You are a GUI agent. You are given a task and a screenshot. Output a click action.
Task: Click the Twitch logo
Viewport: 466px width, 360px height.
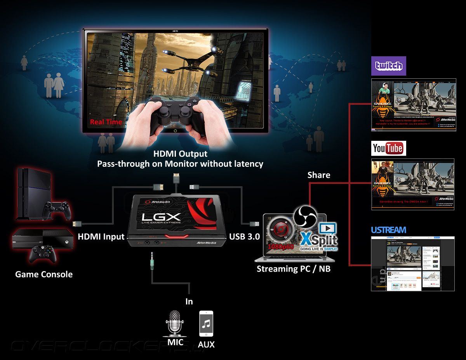pyautogui.click(x=389, y=66)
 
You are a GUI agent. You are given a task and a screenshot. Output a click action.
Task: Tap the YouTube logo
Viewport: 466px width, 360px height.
pyautogui.click(x=389, y=148)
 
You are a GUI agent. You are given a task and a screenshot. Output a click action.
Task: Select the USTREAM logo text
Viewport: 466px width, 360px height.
pyautogui.click(x=388, y=230)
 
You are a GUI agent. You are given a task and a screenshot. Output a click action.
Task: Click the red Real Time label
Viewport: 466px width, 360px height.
pyautogui.click(x=106, y=122)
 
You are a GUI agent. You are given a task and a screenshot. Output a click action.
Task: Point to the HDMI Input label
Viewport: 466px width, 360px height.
pyautogui.click(x=101, y=236)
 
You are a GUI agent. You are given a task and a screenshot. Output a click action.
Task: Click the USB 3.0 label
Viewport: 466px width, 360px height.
pyautogui.click(x=244, y=236)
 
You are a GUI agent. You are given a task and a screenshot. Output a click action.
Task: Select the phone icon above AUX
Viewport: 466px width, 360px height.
pyautogui.click(x=206, y=324)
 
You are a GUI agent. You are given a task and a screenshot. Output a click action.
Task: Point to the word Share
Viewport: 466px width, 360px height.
pyautogui.click(x=318, y=175)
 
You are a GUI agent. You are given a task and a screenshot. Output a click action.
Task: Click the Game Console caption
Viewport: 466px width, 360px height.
pyautogui.click(x=44, y=274)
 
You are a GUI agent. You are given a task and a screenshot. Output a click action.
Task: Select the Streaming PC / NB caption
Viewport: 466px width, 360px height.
pyautogui.click(x=294, y=268)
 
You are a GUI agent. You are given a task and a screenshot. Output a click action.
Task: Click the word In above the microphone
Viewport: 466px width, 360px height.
pyautogui.click(x=189, y=301)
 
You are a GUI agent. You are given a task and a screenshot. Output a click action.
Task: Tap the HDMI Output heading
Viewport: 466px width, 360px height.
pyautogui.click(x=180, y=154)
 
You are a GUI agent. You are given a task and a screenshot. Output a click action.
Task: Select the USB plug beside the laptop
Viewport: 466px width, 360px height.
pyautogui.click(x=255, y=224)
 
